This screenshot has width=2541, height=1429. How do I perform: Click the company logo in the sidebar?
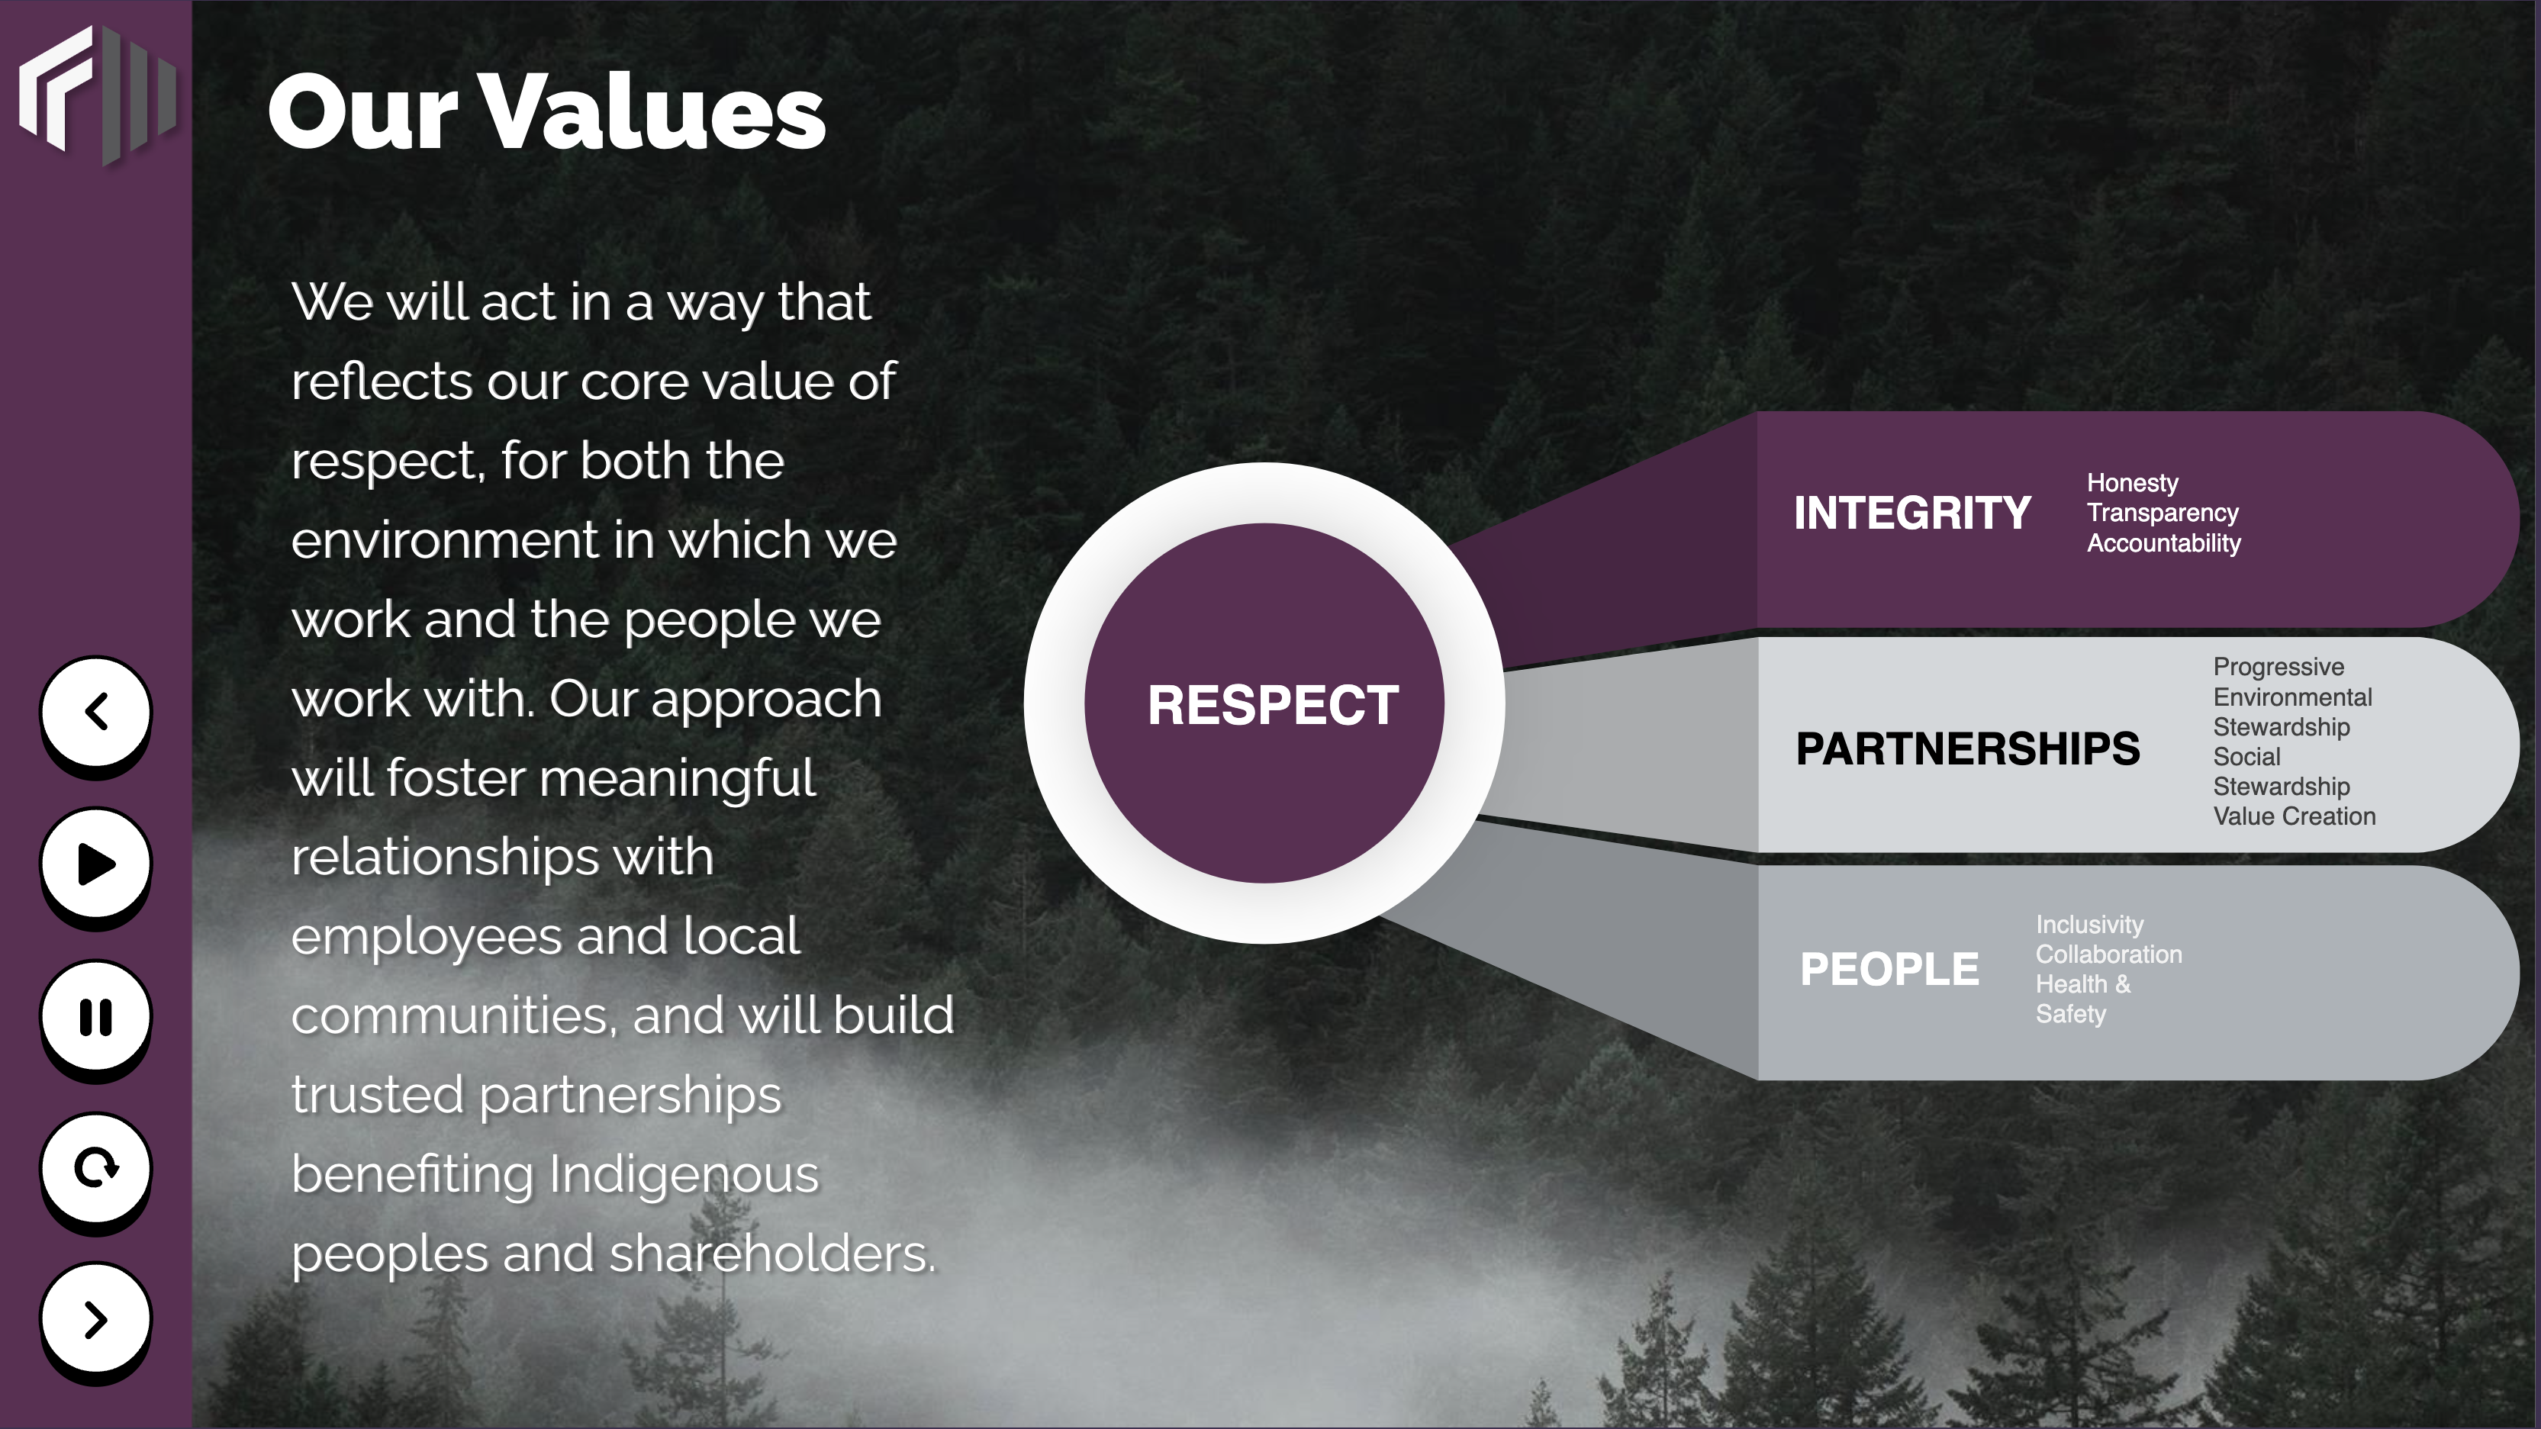(x=98, y=95)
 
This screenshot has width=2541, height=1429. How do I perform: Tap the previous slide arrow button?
(x=95, y=711)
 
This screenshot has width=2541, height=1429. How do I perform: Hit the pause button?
(x=95, y=1015)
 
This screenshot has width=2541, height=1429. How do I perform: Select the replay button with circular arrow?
(x=95, y=1167)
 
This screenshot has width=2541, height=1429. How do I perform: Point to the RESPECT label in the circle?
(x=1273, y=705)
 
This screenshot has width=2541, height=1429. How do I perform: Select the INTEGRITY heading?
(x=1911, y=513)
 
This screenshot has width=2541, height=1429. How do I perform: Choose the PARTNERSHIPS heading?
(x=1968, y=748)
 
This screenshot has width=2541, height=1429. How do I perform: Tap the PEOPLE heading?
(x=1889, y=968)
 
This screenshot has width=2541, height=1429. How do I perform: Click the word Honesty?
(x=2133, y=483)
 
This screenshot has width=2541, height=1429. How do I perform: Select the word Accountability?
(x=2163, y=543)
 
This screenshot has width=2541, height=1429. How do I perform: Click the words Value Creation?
(x=2295, y=816)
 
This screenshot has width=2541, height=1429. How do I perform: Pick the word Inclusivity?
(x=2089, y=925)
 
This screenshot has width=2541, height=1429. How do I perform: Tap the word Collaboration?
(x=2109, y=954)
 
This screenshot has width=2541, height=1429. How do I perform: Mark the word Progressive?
(x=2279, y=668)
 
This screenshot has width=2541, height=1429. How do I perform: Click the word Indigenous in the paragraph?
(x=684, y=1175)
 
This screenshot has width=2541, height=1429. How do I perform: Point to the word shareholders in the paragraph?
(x=772, y=1254)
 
